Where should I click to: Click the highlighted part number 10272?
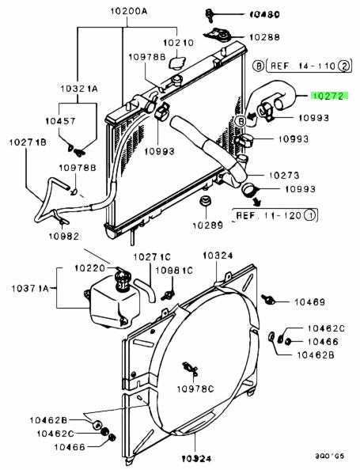tap(329, 96)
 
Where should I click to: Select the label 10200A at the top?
tap(129, 11)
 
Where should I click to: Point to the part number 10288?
tap(264, 37)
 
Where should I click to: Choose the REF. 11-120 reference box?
tap(275, 215)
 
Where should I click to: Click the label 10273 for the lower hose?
tap(284, 175)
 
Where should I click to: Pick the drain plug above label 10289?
tap(206, 201)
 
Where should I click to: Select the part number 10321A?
tap(79, 89)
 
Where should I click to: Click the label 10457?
tap(61, 121)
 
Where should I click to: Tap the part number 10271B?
tap(28, 142)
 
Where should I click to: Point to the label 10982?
tap(64, 237)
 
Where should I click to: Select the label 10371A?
tap(30, 288)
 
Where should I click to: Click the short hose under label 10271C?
tap(146, 290)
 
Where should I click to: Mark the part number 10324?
tap(218, 256)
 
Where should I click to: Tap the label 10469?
tap(309, 301)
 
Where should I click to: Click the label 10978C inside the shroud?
tap(195, 389)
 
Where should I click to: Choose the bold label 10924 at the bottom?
tap(197, 459)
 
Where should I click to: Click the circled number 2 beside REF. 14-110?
tap(344, 66)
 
